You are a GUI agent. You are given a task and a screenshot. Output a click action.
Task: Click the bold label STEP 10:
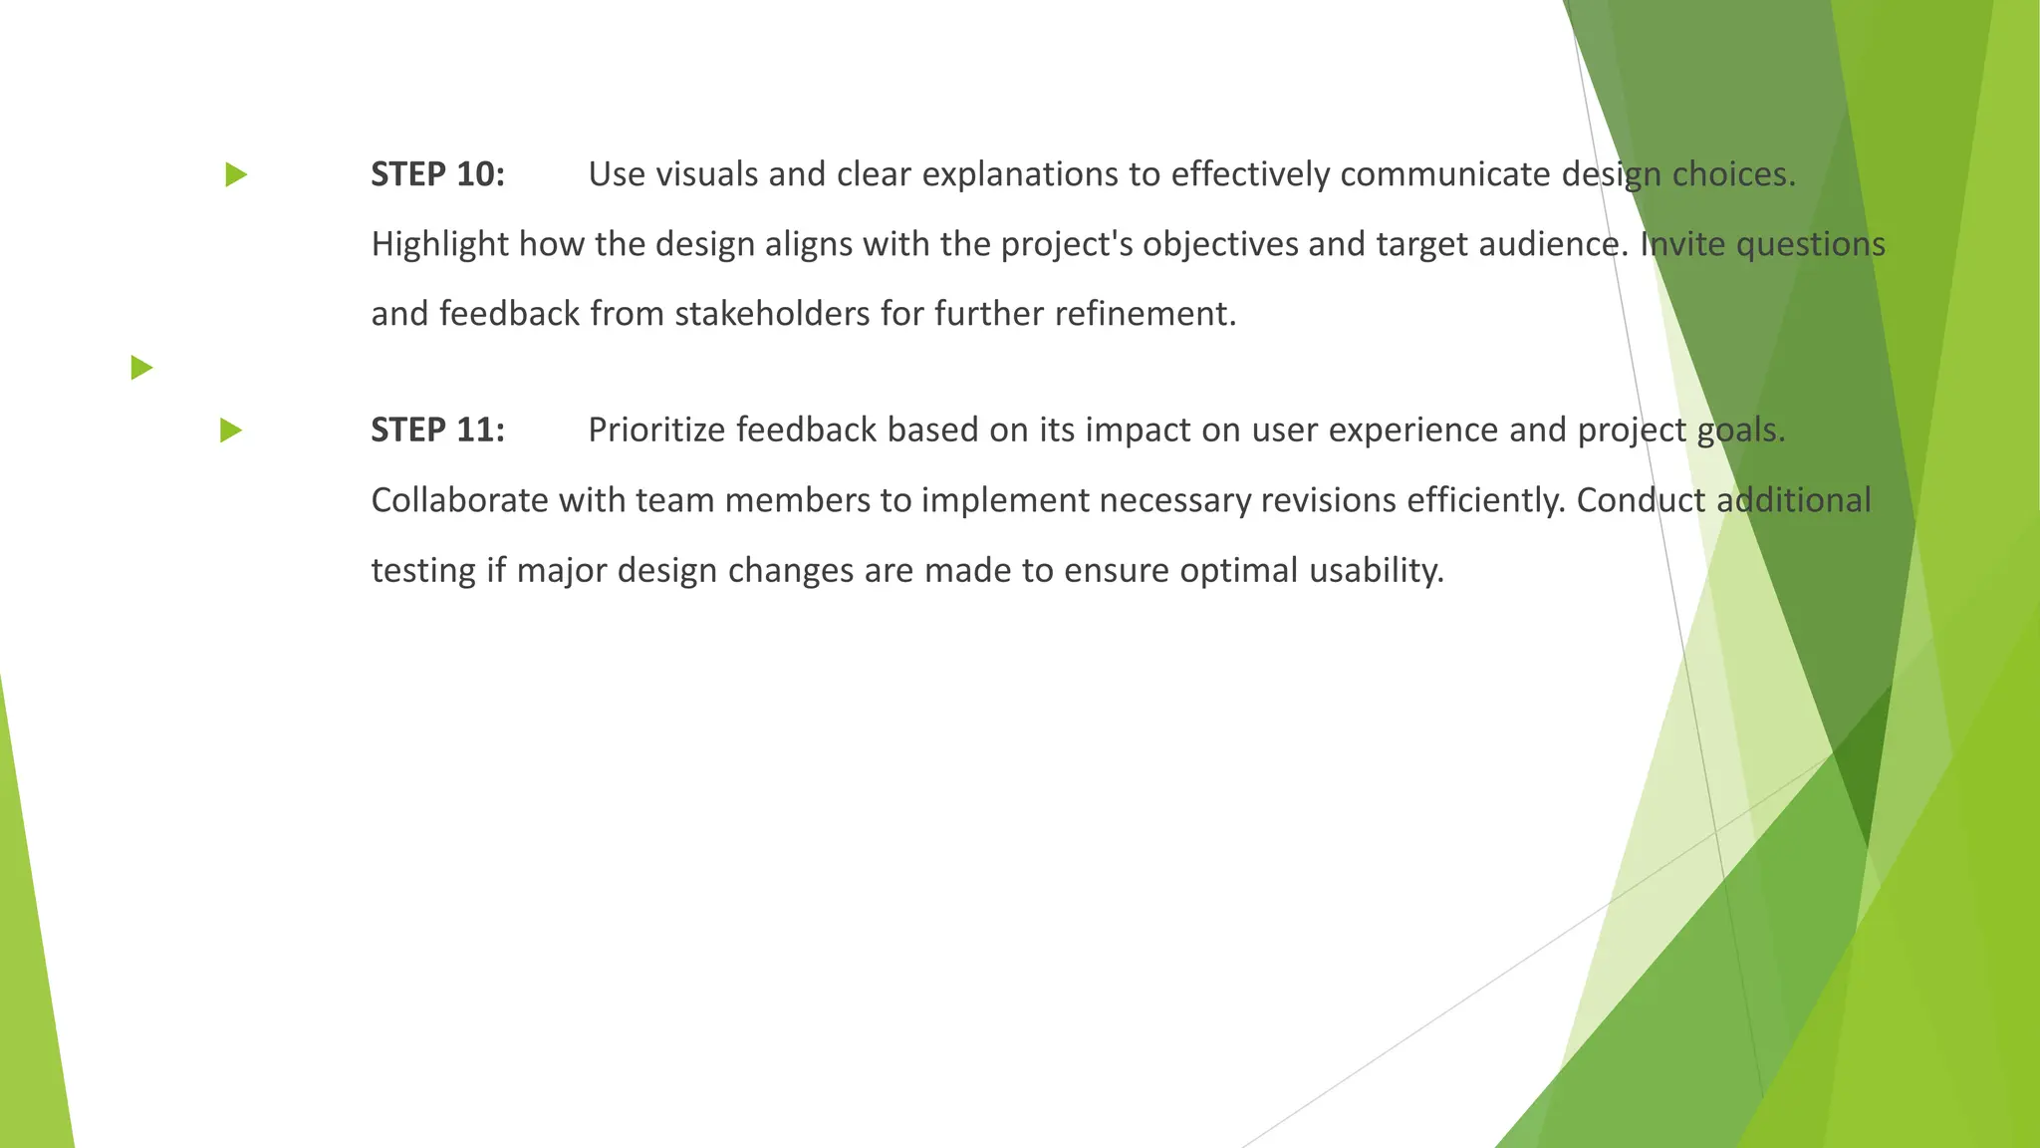(x=437, y=174)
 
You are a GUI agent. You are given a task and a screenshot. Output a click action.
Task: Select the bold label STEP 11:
(x=437, y=430)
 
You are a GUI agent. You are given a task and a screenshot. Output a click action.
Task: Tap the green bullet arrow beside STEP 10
(x=236, y=175)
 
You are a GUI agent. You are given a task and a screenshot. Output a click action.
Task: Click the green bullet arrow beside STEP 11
(x=231, y=430)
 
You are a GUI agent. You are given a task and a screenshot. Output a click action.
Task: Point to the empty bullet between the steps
(x=141, y=368)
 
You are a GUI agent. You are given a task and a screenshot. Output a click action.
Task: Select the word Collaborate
(x=459, y=500)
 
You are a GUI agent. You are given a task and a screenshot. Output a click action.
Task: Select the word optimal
(x=1239, y=572)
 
